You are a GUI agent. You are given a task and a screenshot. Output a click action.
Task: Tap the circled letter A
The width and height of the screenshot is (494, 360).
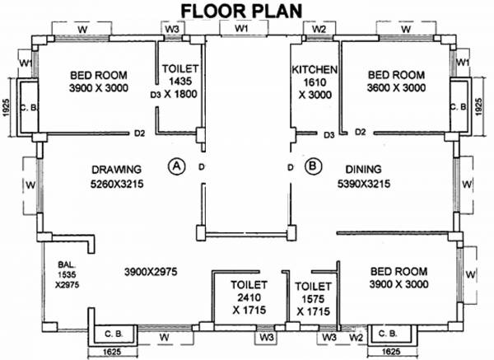pos(175,166)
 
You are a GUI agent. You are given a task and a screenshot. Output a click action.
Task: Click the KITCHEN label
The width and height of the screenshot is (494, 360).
pos(315,70)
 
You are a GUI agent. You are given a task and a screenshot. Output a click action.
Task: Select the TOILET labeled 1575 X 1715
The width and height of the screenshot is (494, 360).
pos(313,298)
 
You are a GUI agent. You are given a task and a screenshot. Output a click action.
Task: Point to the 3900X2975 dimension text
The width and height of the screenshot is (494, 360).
pos(152,271)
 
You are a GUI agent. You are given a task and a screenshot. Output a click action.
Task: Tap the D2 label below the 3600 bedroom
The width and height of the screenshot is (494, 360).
pos(360,132)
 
